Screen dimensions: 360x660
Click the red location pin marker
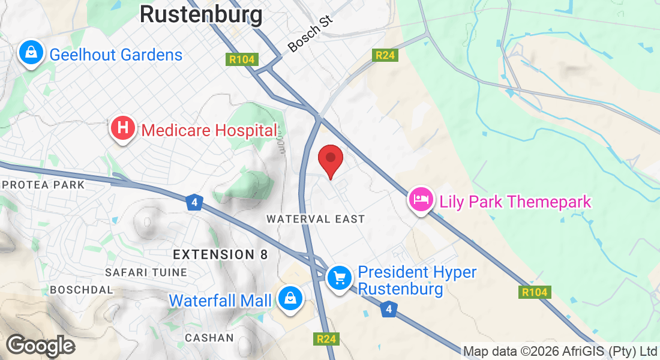[x=330, y=160]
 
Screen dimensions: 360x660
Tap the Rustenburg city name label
[x=201, y=14]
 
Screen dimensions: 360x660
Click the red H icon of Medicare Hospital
[x=122, y=128]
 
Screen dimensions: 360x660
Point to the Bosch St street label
[x=310, y=34]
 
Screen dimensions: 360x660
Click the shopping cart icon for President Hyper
[x=340, y=278]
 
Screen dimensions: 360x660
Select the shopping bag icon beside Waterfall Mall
[x=290, y=298]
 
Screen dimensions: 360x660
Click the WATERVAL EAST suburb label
[x=316, y=219]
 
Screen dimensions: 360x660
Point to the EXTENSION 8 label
[x=220, y=254]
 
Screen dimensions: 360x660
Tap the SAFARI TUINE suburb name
[x=146, y=272]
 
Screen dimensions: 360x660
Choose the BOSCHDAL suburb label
[x=82, y=290]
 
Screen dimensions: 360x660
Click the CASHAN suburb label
[x=209, y=338]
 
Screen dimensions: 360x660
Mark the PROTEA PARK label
[x=43, y=185]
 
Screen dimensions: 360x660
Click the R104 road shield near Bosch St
[x=242, y=59]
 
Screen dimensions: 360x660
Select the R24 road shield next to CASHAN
[x=326, y=339]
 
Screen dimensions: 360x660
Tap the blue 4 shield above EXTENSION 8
[x=193, y=202]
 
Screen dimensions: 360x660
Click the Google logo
[x=40, y=346]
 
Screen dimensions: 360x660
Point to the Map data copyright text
[x=560, y=351]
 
